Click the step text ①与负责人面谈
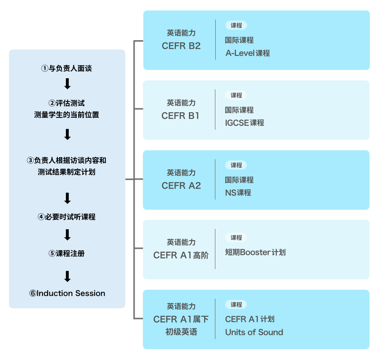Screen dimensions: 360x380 point(67,68)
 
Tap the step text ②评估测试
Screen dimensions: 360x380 point(67,103)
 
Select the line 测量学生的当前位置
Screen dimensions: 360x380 point(67,115)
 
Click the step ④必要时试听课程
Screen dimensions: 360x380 point(67,217)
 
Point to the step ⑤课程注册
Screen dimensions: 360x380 point(67,254)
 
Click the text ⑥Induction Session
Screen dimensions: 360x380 point(67,293)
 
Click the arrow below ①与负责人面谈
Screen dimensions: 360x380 point(67,84)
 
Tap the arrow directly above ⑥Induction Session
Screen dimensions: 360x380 point(67,276)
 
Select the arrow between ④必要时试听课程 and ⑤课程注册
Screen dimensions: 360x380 point(67,235)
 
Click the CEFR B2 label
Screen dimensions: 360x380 point(181,46)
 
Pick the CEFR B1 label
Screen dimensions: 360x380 point(181,116)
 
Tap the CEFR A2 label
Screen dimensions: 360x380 point(181,186)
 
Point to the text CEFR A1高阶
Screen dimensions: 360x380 point(181,255)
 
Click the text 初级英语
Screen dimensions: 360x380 point(181,332)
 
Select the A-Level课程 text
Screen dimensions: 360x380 point(248,53)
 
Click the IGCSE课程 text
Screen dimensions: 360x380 point(245,123)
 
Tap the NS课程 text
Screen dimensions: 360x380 point(238,193)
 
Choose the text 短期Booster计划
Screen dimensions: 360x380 point(255,252)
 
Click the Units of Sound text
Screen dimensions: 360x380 point(254,332)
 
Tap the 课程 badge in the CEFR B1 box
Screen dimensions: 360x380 point(236,95)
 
